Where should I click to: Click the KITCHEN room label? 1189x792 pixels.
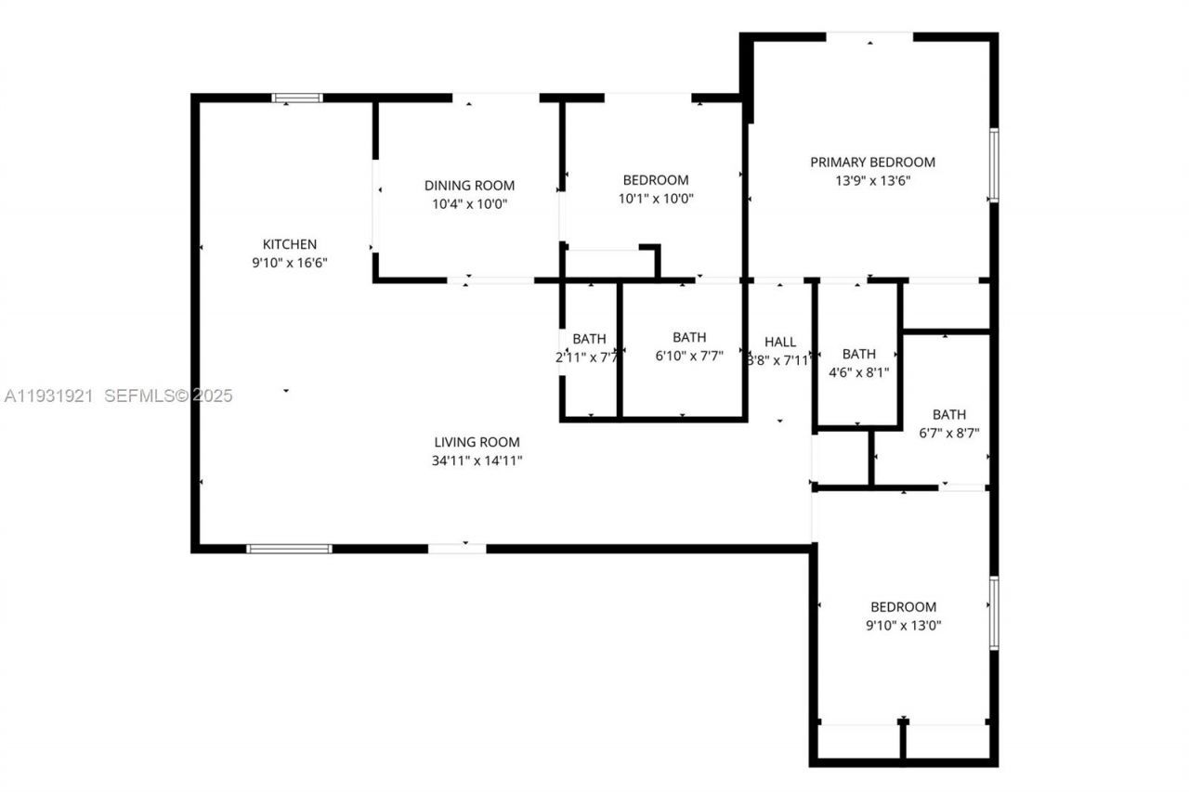click(289, 244)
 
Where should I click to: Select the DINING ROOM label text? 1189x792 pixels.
click(469, 185)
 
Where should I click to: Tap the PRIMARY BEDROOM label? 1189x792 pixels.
click(872, 162)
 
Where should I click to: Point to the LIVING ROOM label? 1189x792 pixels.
click(477, 442)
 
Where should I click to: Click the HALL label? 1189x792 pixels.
click(779, 342)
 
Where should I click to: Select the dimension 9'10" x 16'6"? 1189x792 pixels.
click(289, 263)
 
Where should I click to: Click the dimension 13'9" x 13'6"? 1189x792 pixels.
click(872, 181)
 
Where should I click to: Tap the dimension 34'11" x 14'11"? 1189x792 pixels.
click(477, 461)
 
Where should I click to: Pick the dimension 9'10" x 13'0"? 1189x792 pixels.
click(903, 625)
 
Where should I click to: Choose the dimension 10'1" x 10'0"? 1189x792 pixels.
click(656, 198)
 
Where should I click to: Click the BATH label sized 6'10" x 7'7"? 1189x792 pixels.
click(689, 337)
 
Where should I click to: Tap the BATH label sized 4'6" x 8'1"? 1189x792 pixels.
click(858, 354)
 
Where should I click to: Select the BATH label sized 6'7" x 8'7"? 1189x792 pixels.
click(948, 414)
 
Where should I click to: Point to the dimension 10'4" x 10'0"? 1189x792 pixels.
click(469, 203)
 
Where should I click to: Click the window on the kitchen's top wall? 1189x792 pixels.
click(297, 97)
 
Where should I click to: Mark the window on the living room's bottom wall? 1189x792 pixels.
click(289, 549)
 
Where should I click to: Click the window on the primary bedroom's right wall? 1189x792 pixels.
click(993, 165)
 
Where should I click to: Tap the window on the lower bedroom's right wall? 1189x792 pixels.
click(993, 613)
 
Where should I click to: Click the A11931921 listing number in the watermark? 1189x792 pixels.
click(49, 396)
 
